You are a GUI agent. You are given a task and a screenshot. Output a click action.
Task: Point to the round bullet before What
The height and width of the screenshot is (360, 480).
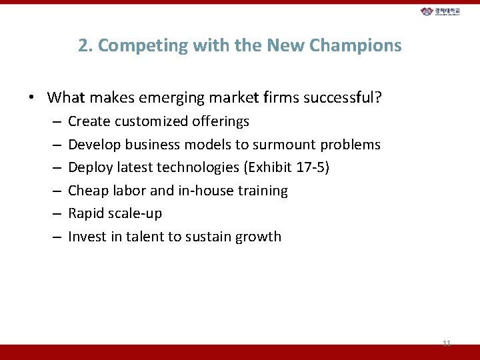coord(31,99)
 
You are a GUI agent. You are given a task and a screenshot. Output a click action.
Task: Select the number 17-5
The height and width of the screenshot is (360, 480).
coord(309,167)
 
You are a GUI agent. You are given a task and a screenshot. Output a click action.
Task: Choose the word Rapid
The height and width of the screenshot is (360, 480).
coord(87,213)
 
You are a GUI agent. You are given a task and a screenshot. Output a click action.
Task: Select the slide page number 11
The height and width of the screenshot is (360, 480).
coord(447,343)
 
